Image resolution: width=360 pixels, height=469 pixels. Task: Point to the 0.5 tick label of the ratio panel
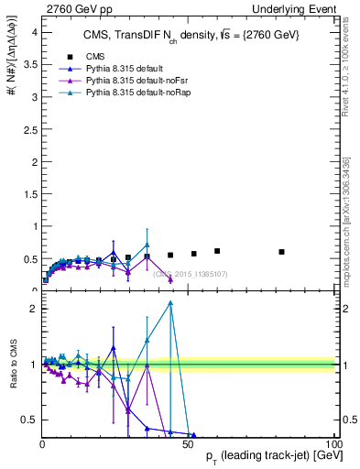[29, 420]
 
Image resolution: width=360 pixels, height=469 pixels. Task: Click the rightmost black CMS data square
[282, 252]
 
